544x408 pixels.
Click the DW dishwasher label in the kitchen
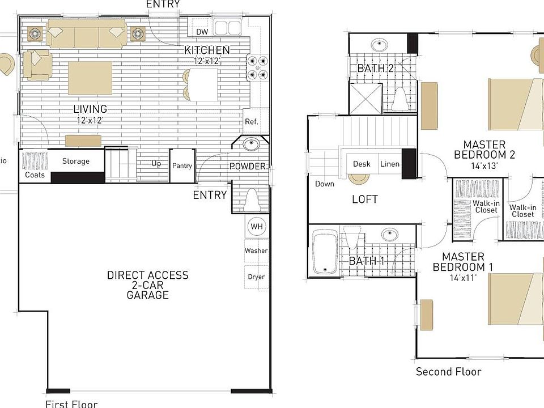202,32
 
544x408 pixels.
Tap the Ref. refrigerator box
252,121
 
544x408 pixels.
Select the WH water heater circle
257,227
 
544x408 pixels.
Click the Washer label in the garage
256,250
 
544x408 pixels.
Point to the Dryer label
256,277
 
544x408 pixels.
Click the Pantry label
182,166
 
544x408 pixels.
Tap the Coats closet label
35,175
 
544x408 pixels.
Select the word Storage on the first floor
76,161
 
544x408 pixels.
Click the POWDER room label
247,166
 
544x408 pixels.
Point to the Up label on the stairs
156,164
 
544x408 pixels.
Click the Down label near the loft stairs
325,184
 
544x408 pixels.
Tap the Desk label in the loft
362,164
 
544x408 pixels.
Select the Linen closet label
390,164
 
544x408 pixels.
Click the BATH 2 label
375,69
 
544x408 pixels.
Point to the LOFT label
364,199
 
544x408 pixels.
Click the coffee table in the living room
90,78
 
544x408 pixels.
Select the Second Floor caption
448,372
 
